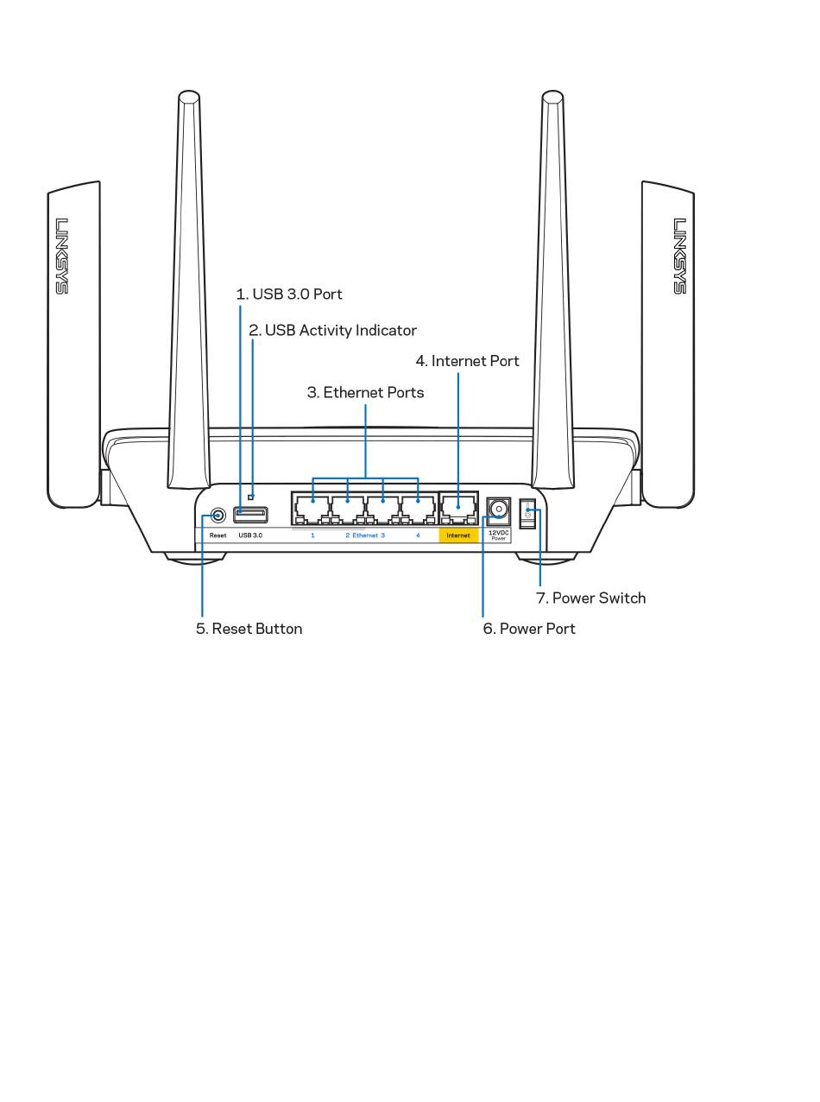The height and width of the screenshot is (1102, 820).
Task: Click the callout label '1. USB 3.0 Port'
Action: [x=289, y=294]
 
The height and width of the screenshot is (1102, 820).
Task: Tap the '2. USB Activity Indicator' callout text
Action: [x=332, y=330]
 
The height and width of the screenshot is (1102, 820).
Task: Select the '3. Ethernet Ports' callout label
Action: [x=365, y=392]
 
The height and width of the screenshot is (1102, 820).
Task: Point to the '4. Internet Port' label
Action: [x=467, y=361]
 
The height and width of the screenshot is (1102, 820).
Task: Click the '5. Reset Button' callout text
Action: [x=249, y=629]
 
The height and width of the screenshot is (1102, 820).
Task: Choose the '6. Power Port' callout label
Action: [x=528, y=629]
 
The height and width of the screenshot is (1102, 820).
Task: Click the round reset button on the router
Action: [x=218, y=516]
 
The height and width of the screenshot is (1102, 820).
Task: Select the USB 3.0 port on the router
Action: [x=250, y=516]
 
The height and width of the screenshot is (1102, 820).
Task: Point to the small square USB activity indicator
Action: [x=251, y=496]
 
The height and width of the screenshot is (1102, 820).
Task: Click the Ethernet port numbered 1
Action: [x=312, y=509]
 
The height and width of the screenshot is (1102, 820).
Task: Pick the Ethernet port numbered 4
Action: [x=418, y=509]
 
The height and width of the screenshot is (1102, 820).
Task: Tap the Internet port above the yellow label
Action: [x=458, y=509]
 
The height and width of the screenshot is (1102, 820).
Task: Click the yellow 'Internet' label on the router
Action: [x=458, y=535]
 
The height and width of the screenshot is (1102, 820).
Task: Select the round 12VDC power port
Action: [x=498, y=510]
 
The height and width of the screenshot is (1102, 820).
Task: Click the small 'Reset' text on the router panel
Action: [x=218, y=535]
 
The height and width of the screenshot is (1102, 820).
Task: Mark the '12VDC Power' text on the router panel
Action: [x=498, y=535]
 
